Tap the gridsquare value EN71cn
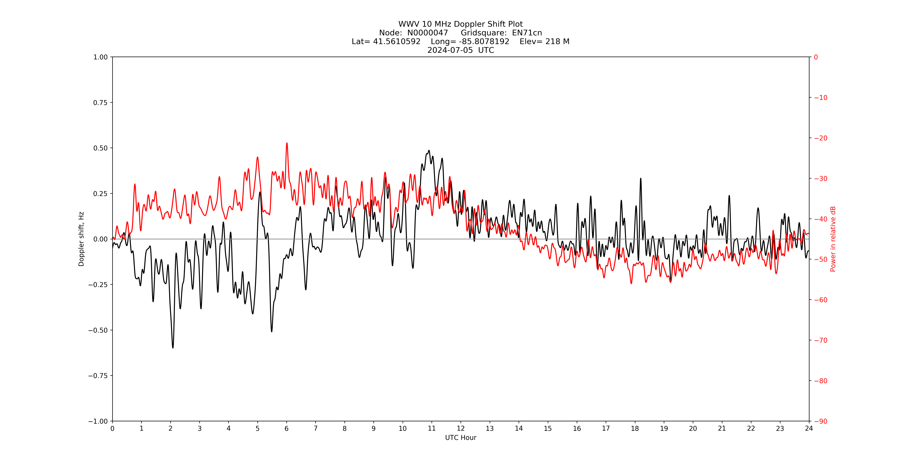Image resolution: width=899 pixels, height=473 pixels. pyautogui.click(x=527, y=33)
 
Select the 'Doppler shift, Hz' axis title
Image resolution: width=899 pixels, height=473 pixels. pyautogui.click(x=81, y=239)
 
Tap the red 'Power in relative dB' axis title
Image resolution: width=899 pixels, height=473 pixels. pyautogui.click(x=833, y=239)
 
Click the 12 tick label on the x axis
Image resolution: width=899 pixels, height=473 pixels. pyautogui.click(x=461, y=428)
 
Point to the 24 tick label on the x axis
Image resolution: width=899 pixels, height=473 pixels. pyautogui.click(x=809, y=428)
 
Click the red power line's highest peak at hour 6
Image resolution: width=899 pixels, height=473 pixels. pyautogui.click(x=287, y=143)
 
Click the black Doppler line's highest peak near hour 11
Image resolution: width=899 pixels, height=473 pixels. pyautogui.click(x=429, y=151)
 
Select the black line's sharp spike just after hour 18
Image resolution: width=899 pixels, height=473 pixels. pyautogui.click(x=641, y=179)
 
